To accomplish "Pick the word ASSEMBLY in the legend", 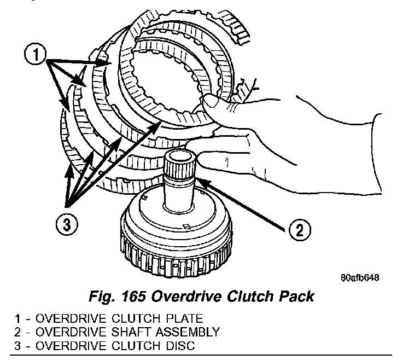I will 192,332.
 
